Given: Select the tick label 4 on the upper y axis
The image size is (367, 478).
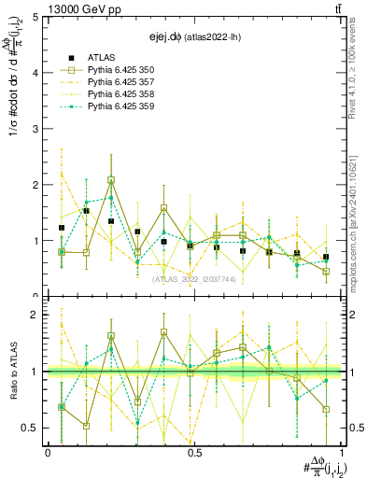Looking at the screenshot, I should (35, 73).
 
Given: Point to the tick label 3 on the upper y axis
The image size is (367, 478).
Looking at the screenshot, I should (35, 129).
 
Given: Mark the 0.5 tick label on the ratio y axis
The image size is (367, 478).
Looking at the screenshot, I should (31, 428).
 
